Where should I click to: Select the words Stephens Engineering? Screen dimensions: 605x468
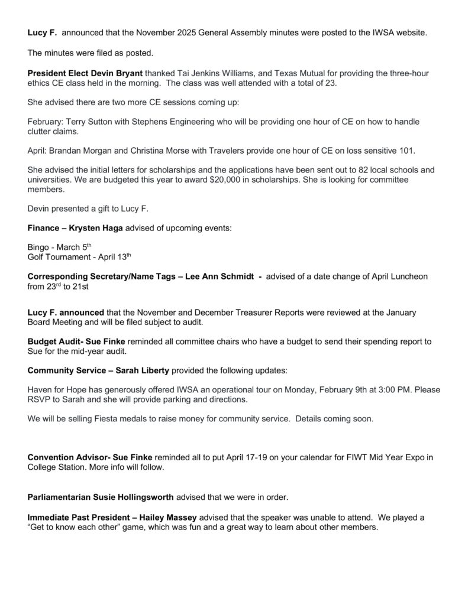(x=178, y=121)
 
